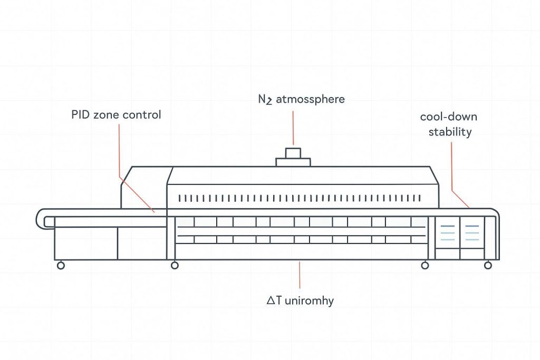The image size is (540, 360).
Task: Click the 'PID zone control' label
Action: tap(116, 114)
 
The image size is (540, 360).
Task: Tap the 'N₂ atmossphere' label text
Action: tap(297, 99)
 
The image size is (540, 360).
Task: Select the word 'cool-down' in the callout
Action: tap(449, 116)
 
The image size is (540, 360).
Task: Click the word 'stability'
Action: tap(450, 131)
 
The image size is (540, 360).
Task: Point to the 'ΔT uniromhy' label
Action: tap(300, 301)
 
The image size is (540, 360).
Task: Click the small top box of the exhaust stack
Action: tap(293, 153)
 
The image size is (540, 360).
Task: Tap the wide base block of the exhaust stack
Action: tap(293, 162)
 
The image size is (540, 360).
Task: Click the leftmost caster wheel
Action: tap(61, 266)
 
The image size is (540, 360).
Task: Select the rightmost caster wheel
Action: tap(488, 266)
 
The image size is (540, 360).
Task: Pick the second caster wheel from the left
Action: tap(175, 266)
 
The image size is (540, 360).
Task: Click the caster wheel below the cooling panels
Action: tap(425, 266)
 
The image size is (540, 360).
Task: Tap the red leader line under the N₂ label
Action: tap(293, 127)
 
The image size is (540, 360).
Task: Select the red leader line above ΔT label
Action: tap(300, 274)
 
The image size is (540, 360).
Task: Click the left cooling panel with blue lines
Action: tap(447, 232)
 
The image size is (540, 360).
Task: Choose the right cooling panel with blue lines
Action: tap(472, 232)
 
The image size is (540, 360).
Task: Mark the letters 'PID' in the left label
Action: tap(81, 114)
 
